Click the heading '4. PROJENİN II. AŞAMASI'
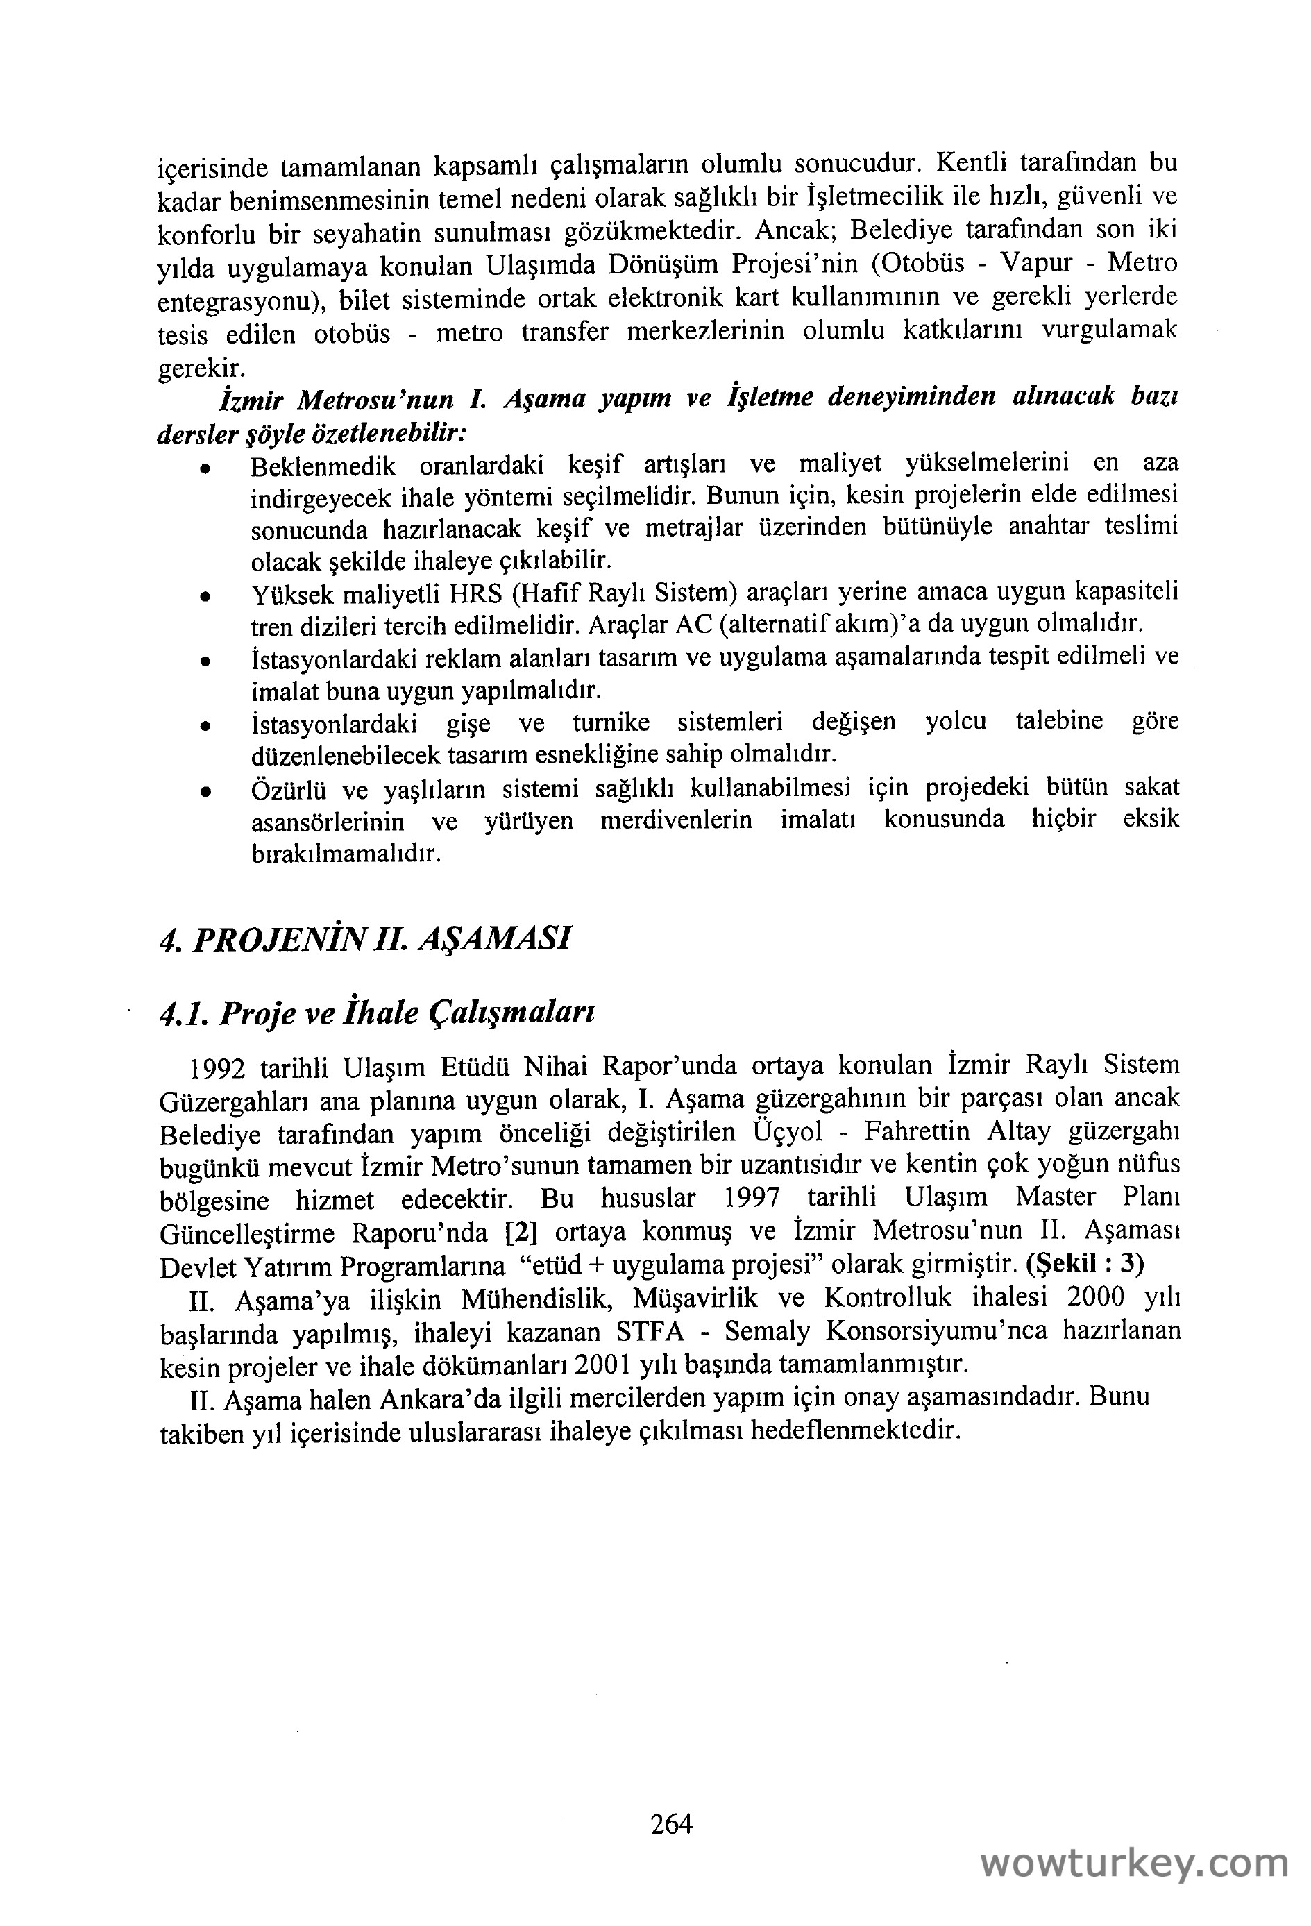point(364,939)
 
